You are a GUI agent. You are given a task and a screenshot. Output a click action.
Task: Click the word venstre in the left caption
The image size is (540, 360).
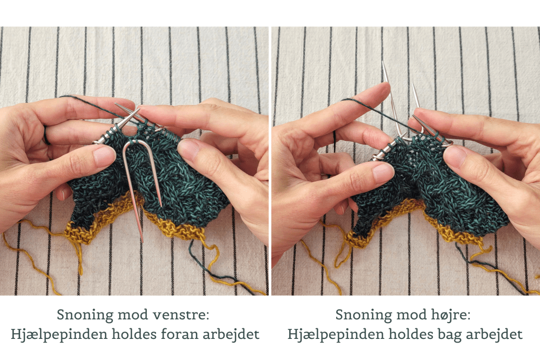tap(181, 315)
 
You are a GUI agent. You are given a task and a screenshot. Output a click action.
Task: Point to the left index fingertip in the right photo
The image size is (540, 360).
tap(382, 89)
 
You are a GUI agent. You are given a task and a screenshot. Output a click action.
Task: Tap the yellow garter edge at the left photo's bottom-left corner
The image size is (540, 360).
tap(79, 234)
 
